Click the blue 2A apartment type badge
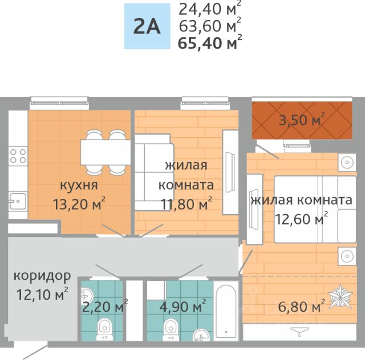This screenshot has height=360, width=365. [x=147, y=26]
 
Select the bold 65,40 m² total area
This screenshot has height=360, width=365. [x=210, y=42]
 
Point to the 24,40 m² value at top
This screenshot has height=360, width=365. [x=210, y=9]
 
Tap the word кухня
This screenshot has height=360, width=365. [x=79, y=185]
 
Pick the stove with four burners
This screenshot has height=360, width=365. [x=18, y=156]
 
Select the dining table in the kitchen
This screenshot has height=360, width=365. [x=106, y=152]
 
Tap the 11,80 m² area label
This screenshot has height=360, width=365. [x=186, y=203]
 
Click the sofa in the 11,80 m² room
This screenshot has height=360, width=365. [x=155, y=172]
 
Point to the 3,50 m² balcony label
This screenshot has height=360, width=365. [x=302, y=120]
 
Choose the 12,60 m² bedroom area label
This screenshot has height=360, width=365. [x=302, y=218]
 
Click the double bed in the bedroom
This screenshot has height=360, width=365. [x=315, y=209]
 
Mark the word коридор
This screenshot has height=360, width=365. [x=42, y=276]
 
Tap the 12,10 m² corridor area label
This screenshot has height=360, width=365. [x=42, y=294]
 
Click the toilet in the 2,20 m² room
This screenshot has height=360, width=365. [x=104, y=329]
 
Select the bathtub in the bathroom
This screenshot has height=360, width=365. [x=226, y=311]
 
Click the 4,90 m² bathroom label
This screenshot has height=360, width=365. [x=183, y=306]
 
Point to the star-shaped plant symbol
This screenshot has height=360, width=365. [x=340, y=296]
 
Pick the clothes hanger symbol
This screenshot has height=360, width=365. [x=299, y=332]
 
